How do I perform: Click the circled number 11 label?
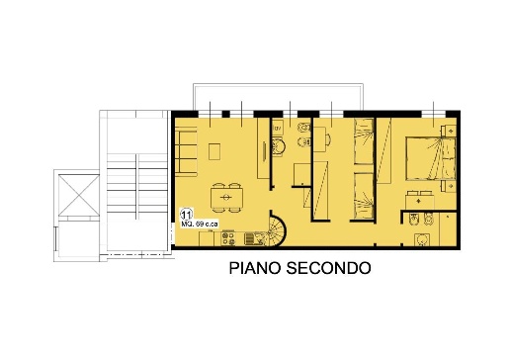coord(186,215)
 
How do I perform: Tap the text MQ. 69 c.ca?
coord(200,225)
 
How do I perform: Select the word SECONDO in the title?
coord(328,268)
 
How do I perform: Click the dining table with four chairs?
coord(226,198)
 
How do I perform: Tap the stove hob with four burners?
coord(228,238)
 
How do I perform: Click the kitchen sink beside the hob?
coord(255,238)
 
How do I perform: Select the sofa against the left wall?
coord(186,151)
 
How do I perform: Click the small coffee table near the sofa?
coord(214,151)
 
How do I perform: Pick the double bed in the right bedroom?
coord(431,158)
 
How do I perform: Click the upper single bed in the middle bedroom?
coord(364,141)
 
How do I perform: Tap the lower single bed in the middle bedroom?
coord(364,196)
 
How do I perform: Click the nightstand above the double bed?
coord(449,131)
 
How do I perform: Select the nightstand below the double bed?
coord(449,186)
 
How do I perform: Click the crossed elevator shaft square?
coord(79,196)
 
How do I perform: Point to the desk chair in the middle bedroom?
coord(328,139)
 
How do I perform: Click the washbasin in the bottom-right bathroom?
coord(421,240)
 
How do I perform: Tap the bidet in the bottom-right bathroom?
coord(413,220)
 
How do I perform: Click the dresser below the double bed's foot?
coord(420,200)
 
